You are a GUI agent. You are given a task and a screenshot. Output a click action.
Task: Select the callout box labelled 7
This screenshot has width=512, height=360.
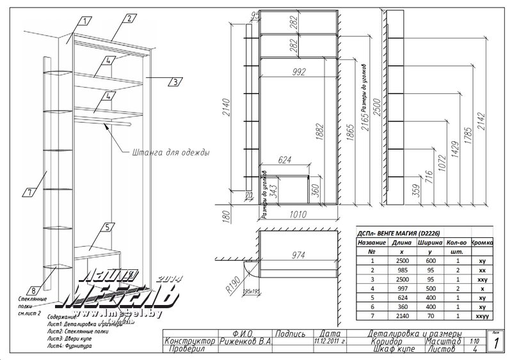[29, 191]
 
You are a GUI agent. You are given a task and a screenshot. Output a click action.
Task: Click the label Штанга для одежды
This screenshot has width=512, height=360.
[170, 153]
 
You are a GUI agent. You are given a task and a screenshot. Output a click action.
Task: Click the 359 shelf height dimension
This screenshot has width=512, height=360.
[418, 191]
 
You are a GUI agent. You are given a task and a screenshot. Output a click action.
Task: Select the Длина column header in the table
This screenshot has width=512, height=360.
[402, 243]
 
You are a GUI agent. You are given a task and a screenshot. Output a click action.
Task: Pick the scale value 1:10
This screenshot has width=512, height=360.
[474, 341]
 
